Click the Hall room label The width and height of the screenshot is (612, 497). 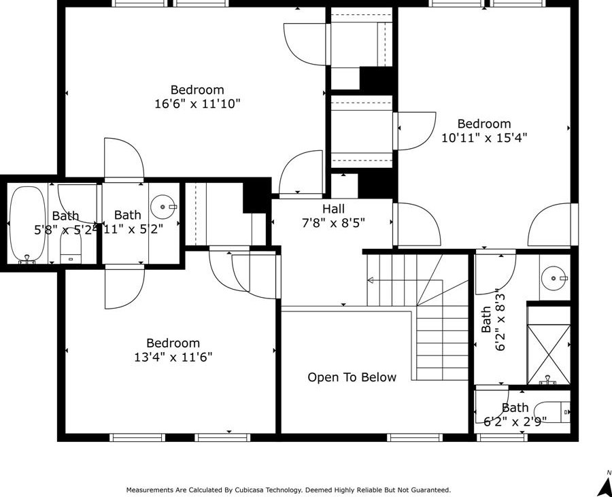click(333, 209)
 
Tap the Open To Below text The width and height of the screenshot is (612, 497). click(352, 377)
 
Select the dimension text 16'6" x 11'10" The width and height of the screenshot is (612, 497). click(197, 104)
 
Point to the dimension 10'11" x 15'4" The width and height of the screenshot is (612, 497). click(484, 137)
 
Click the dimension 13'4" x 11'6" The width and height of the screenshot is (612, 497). click(173, 357)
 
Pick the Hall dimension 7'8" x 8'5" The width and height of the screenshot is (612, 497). click(333, 222)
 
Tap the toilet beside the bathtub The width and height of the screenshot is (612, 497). click(71, 248)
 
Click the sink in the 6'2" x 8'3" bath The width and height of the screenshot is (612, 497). click(556, 277)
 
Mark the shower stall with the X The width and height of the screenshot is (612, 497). click(548, 345)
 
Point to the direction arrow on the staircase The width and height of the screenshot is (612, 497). click(371, 280)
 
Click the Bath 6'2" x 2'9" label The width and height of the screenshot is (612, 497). click(515, 414)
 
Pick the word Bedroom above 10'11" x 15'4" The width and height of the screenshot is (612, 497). click(484, 124)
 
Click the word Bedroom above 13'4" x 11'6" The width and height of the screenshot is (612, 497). click(173, 343)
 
